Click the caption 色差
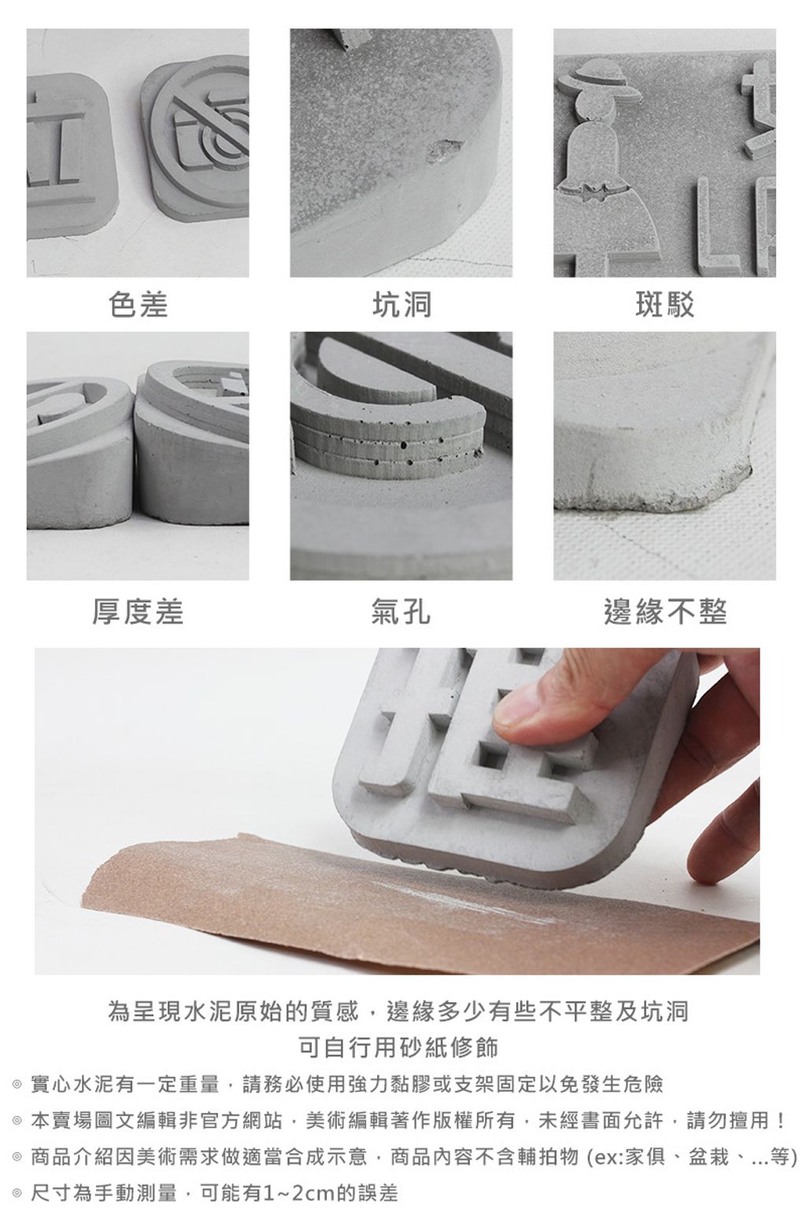pyautogui.click(x=138, y=304)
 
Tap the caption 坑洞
pyautogui.click(x=401, y=304)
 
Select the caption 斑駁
pyautogui.click(x=664, y=304)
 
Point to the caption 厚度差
pyautogui.click(x=138, y=612)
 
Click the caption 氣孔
pyautogui.click(x=401, y=612)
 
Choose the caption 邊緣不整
pyautogui.click(x=665, y=612)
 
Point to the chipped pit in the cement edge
pyautogui.click(x=443, y=151)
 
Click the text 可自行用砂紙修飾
pyautogui.click(x=398, y=1047)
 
